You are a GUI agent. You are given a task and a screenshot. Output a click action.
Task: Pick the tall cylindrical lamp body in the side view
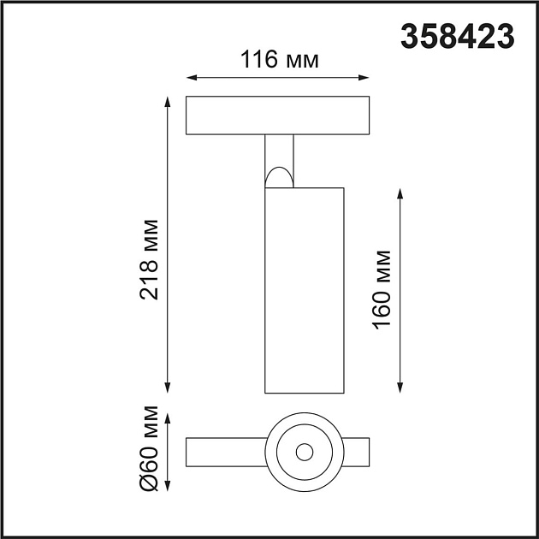tap(304, 291)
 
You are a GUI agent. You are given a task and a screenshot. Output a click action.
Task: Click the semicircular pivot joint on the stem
tap(279, 177)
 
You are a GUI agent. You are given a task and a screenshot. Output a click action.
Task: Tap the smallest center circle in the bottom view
tap(303, 450)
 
